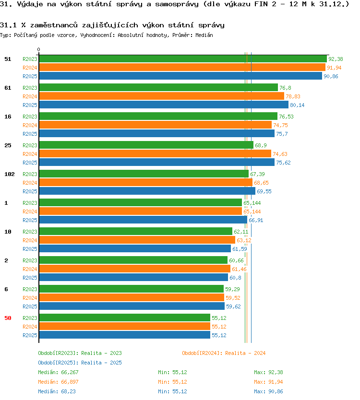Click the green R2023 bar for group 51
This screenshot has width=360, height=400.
point(183,59)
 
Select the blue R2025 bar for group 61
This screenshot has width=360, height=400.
point(164,105)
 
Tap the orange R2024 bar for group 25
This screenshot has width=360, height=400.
point(155,154)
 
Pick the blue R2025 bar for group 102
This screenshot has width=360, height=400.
point(147,191)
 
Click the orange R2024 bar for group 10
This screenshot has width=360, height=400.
point(137,240)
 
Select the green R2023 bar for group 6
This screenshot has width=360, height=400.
point(131,289)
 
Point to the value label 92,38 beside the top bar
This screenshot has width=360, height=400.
point(336,59)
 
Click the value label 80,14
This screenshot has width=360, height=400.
point(297,105)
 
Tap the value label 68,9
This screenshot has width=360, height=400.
point(261,145)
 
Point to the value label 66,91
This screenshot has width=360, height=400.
point(256,221)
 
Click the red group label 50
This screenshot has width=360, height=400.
point(8,318)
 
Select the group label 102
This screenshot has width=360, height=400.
point(10,174)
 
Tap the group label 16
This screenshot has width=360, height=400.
point(8,117)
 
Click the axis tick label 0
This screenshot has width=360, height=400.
point(38,49)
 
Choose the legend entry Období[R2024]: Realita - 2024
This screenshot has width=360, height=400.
point(224,353)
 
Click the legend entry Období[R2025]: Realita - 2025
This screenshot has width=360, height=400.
point(80,363)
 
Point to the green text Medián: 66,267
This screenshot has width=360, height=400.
point(58,373)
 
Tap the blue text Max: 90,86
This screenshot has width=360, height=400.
point(268,391)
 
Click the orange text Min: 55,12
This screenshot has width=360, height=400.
point(172,382)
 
